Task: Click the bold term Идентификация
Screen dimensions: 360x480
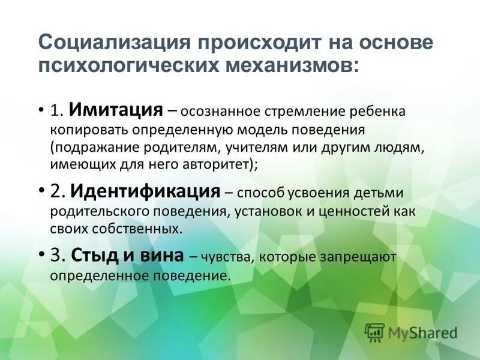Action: pos(145,191)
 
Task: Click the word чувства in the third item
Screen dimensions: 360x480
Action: pos(226,257)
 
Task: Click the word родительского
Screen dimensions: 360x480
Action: pos(97,212)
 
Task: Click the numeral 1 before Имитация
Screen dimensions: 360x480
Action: pos(56,110)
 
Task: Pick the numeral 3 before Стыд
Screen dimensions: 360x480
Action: pos(56,255)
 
